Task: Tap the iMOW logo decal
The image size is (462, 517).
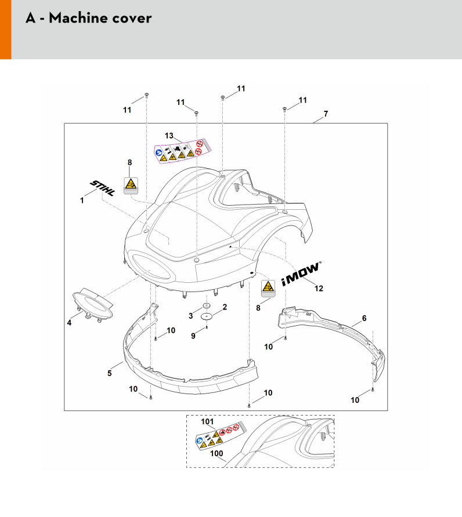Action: click(301, 273)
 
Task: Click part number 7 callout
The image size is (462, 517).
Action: click(326, 114)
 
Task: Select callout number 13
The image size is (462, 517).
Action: click(168, 135)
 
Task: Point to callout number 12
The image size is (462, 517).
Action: click(319, 288)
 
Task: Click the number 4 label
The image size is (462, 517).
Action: click(69, 323)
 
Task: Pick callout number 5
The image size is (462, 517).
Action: click(110, 373)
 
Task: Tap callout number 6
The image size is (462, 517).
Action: click(364, 318)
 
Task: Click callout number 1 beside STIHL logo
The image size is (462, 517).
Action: click(82, 201)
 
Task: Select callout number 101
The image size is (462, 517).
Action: click(208, 421)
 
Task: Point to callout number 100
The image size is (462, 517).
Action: click(216, 455)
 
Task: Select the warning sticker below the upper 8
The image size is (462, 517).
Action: click(131, 185)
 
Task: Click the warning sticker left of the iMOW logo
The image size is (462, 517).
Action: click(268, 287)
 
